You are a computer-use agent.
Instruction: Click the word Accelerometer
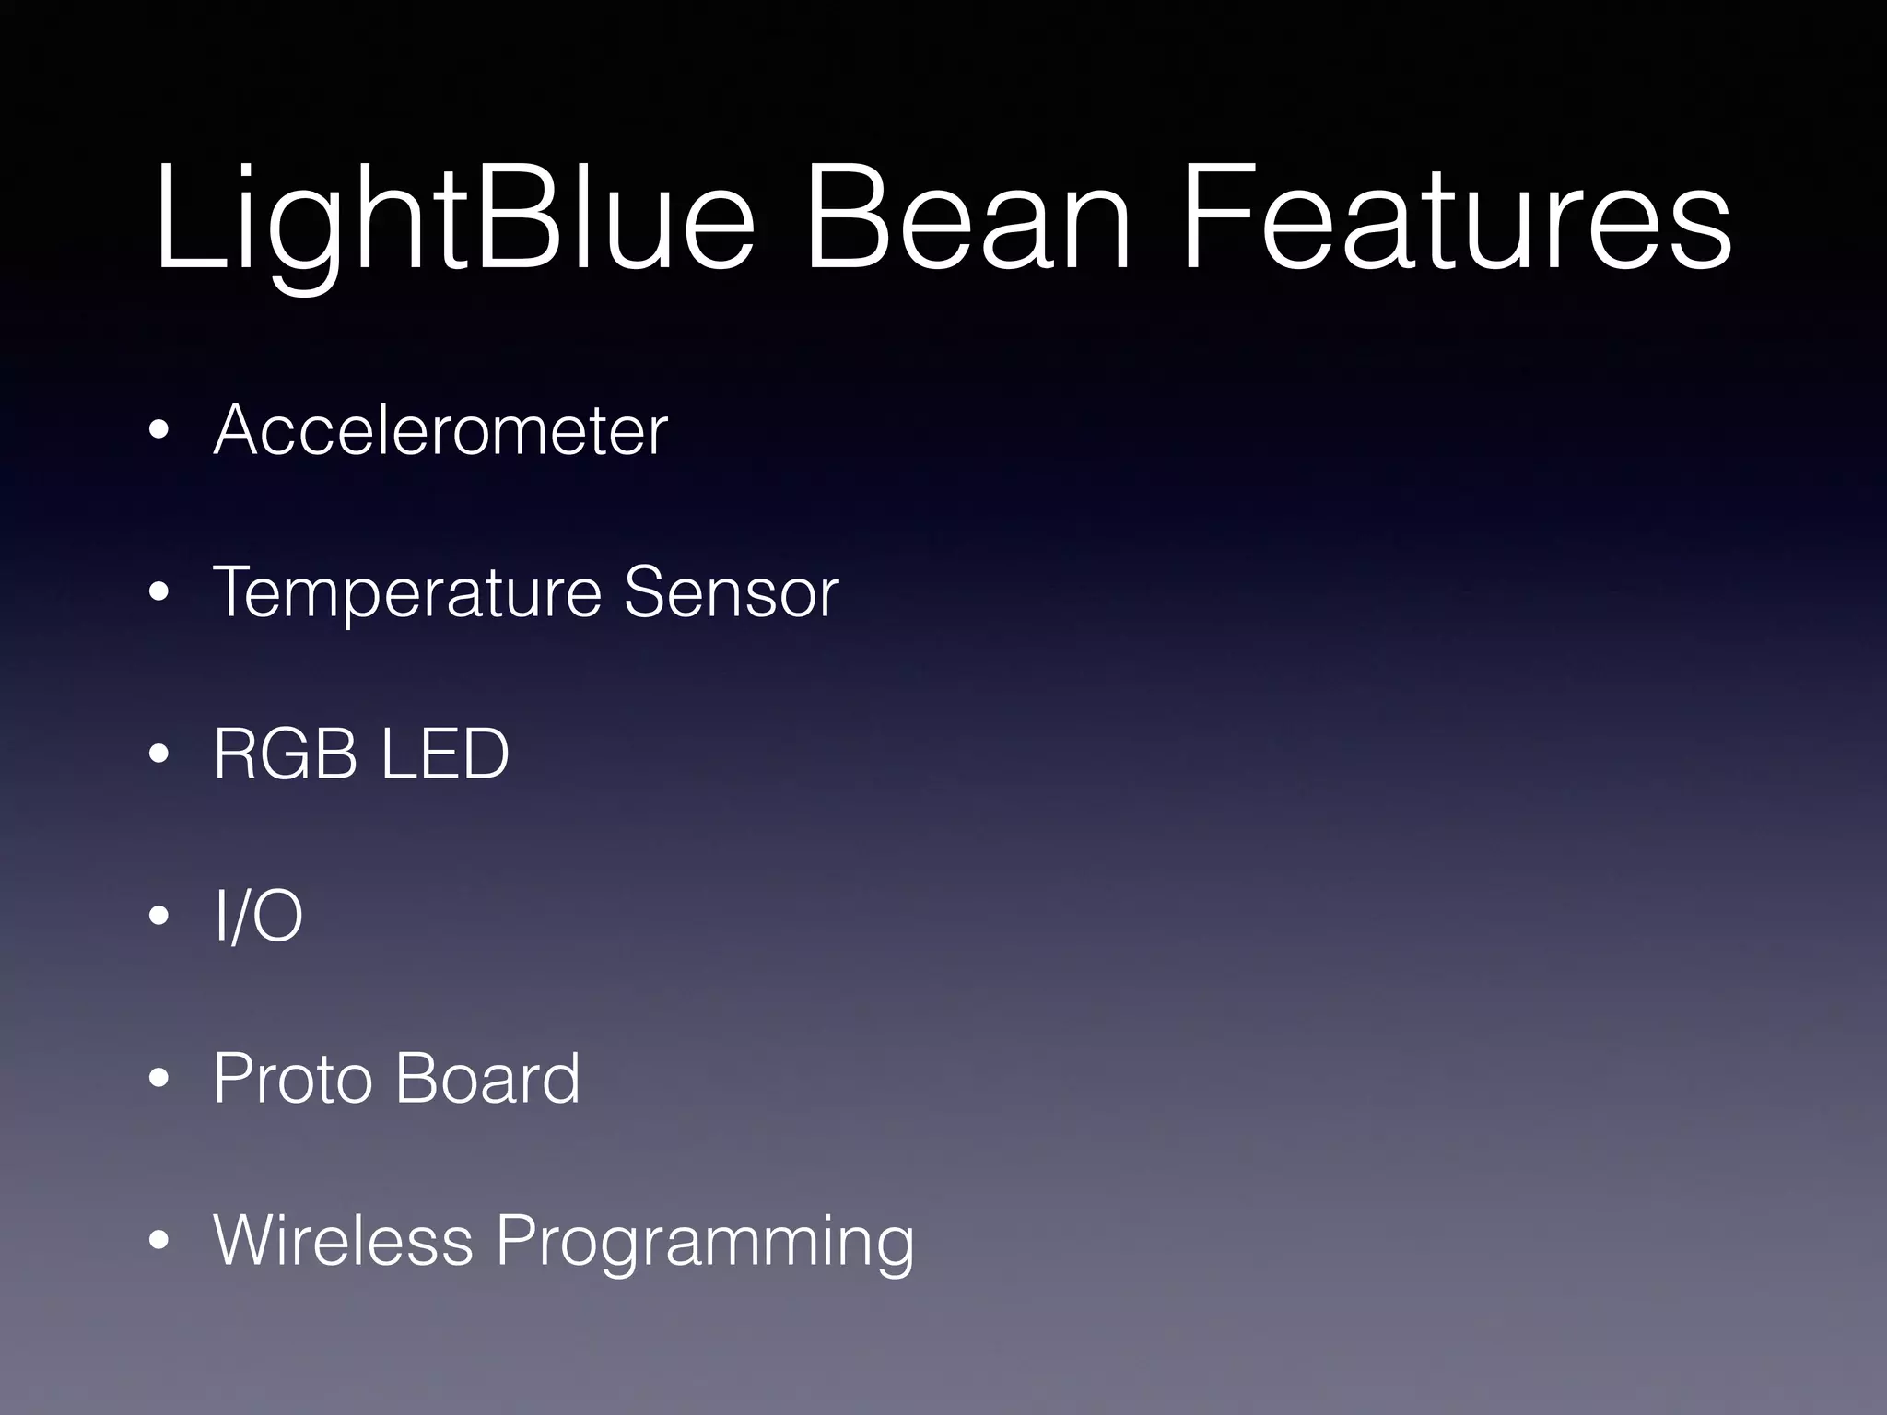(440, 430)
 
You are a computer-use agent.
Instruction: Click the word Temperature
(406, 592)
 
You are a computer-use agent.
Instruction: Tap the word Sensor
(731, 592)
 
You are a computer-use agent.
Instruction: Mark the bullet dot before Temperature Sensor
(159, 593)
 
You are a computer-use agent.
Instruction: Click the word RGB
(285, 754)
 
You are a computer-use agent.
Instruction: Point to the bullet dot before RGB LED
(159, 754)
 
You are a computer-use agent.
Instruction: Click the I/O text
(258, 916)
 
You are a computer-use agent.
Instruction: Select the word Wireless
(343, 1240)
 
